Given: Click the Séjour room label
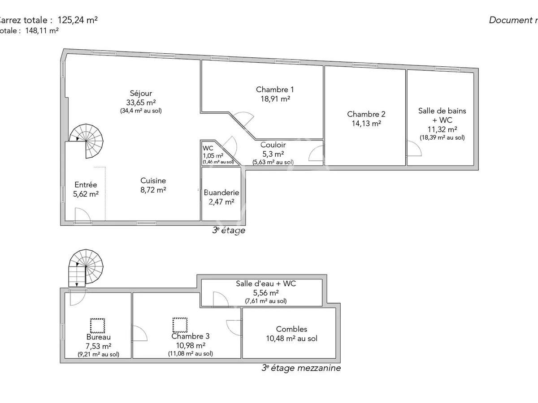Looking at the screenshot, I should coord(141,93).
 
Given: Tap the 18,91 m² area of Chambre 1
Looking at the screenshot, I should coord(275,99).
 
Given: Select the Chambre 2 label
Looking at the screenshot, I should coord(366,114).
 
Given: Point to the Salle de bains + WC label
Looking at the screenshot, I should coord(442,111).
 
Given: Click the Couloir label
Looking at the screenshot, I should coord(273,145).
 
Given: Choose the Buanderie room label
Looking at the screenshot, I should coord(221,193).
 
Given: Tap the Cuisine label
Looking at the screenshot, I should coord(153,180).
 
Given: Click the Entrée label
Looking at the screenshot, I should coord(86,184).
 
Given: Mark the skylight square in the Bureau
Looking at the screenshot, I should coord(97,325).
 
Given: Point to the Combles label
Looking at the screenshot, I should coord(291,329).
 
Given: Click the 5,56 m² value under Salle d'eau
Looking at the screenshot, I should coord(266,292).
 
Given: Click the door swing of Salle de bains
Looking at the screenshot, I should coord(413,148).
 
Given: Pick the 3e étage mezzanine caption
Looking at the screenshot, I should coord(301,368).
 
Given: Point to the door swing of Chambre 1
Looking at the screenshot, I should coord(244,118).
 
